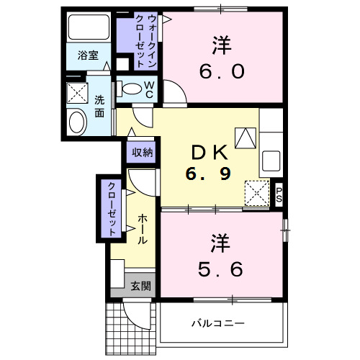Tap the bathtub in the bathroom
click(88, 28)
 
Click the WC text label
click(150, 89)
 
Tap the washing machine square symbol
click(77, 94)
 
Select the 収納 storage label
click(142, 152)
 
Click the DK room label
click(209, 152)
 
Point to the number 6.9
click(209, 175)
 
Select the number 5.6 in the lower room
click(221, 268)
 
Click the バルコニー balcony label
click(217, 323)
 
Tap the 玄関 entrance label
click(141, 286)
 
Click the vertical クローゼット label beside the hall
click(112, 208)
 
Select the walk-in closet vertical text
click(152, 40)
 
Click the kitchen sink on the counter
click(271, 159)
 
